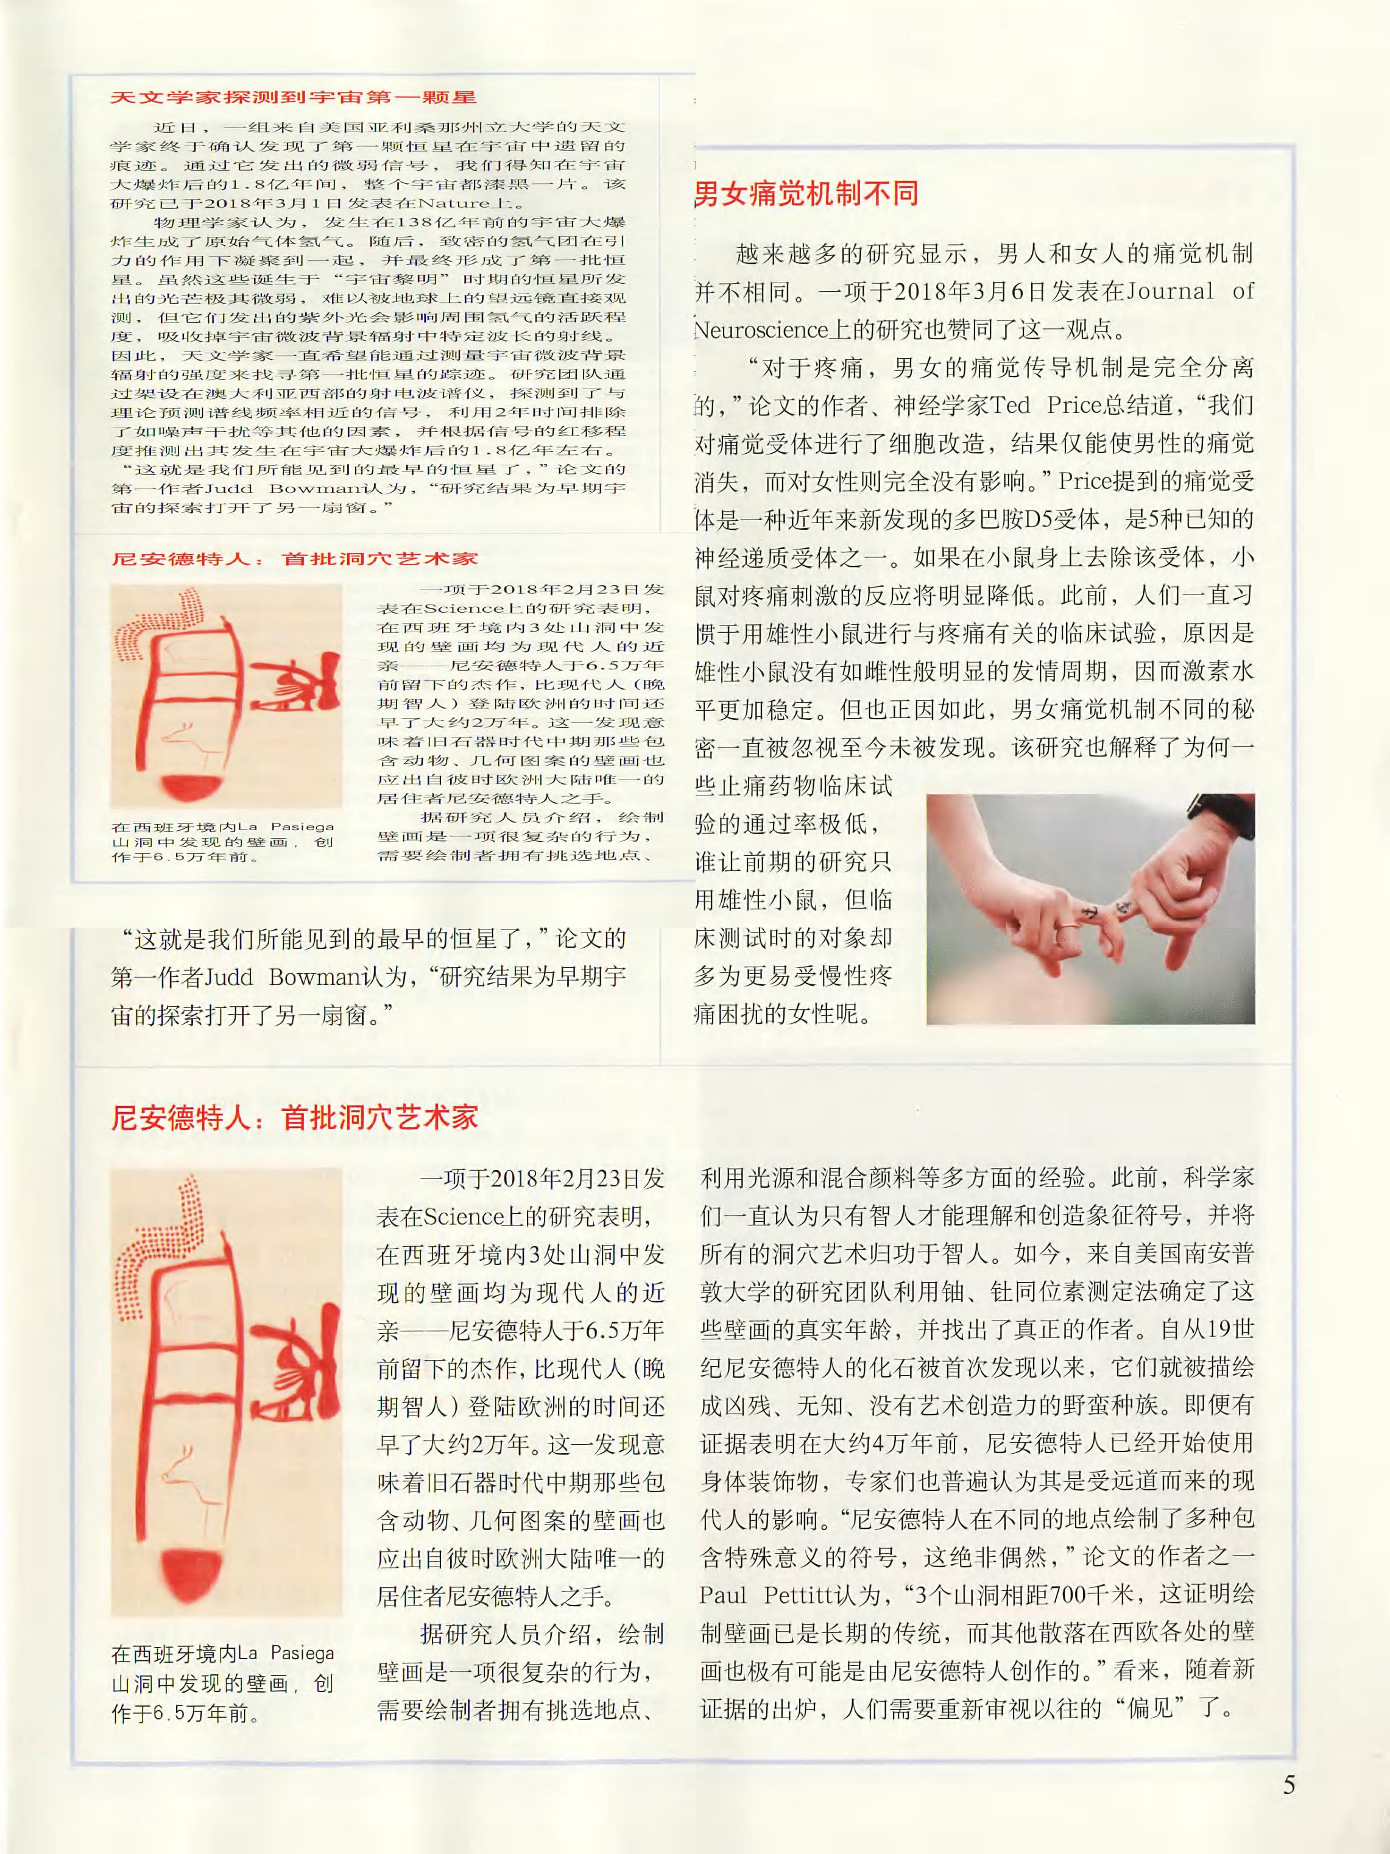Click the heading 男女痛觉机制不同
click(806, 194)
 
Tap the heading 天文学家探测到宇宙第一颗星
click(294, 97)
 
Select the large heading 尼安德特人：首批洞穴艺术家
click(294, 1117)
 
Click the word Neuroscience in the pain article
click(760, 330)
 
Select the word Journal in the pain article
click(1170, 292)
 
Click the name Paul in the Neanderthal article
click(724, 1594)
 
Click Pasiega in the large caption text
click(302, 1654)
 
